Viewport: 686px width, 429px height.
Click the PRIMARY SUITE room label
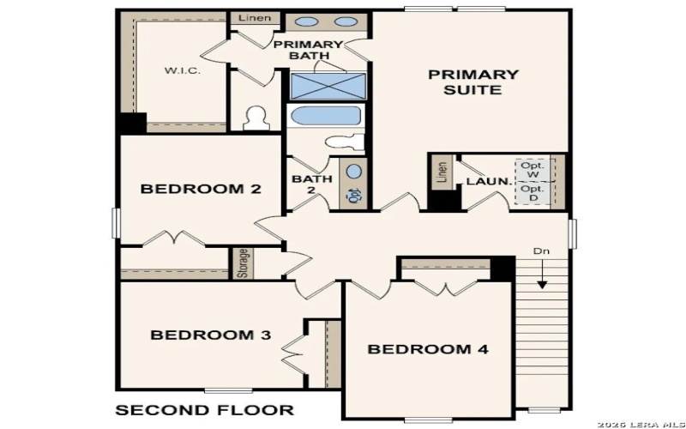pos(473,82)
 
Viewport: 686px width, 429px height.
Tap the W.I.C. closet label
pos(183,70)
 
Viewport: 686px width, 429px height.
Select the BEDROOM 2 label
pos(201,189)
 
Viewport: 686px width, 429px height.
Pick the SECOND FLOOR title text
pos(205,409)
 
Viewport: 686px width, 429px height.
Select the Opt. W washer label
pos(532,169)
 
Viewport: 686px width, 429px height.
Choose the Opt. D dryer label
pos(532,194)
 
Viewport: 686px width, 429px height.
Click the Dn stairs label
pos(540,251)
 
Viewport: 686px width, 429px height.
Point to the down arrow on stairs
pos(542,279)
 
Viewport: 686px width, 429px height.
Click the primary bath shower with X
pos(327,87)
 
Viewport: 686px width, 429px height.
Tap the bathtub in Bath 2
pos(325,116)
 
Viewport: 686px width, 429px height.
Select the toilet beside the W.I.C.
pos(255,118)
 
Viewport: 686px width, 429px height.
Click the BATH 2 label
pos(312,185)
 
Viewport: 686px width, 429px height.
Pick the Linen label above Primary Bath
pos(255,18)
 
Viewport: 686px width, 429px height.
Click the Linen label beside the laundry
pos(442,172)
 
